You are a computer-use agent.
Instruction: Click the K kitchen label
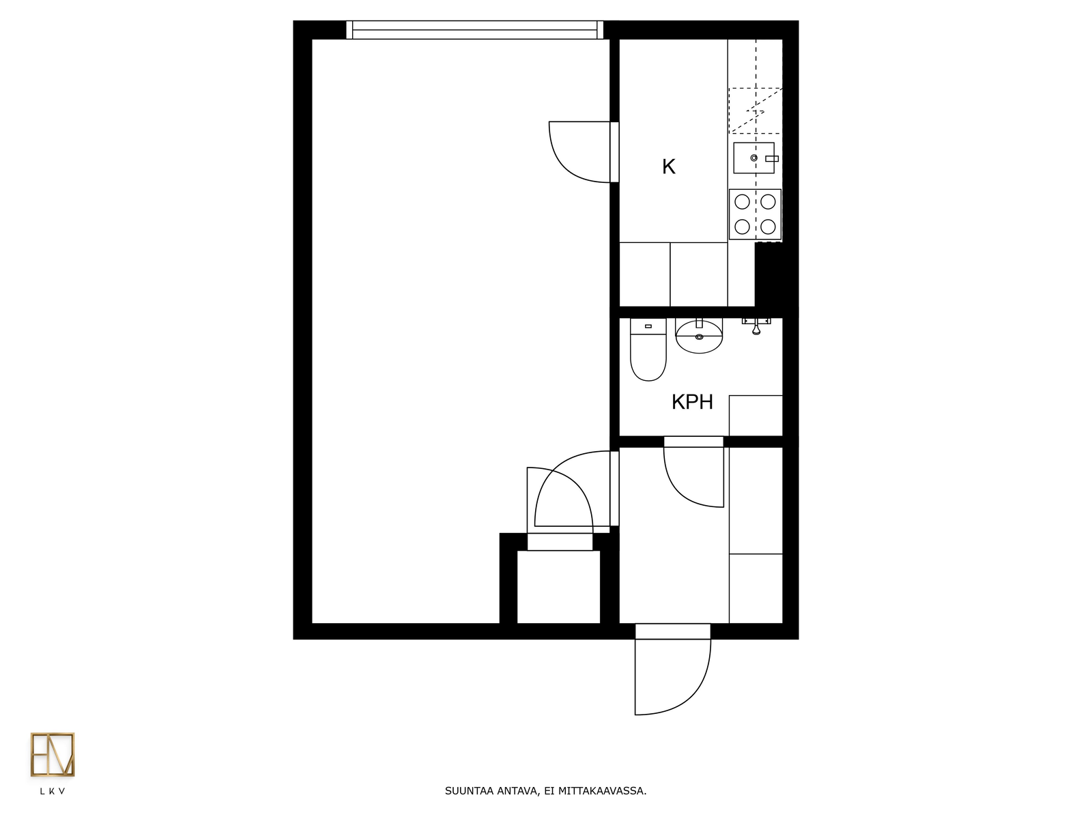669,167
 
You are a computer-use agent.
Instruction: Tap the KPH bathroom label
692,402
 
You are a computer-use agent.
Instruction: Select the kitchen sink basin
753,158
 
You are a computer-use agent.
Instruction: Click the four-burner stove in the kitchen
756,214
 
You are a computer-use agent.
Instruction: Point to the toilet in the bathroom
648,349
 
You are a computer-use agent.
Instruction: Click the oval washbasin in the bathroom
699,336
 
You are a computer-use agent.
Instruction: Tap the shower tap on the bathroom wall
756,326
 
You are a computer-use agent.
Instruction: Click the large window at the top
474,30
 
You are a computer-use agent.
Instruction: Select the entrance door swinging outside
673,677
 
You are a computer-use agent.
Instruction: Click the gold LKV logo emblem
53,754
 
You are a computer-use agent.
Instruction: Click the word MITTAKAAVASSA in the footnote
602,790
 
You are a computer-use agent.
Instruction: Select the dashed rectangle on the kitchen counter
756,111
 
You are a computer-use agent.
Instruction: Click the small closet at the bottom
559,587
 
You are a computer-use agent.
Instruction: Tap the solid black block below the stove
768,276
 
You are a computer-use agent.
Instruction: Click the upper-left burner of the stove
743,202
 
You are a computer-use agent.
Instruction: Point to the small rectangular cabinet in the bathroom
756,416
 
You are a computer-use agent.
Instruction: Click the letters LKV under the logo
53,791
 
